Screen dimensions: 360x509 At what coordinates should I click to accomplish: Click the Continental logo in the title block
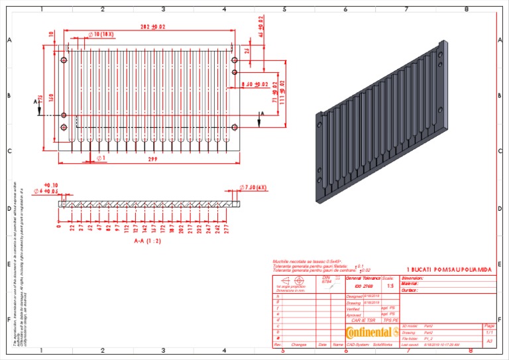click(367, 331)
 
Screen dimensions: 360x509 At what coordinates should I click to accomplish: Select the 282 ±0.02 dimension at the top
click(153, 27)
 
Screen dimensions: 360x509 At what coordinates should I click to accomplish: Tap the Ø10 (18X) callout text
click(101, 34)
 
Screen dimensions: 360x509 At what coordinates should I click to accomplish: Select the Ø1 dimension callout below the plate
click(101, 158)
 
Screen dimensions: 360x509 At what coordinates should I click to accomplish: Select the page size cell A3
click(490, 341)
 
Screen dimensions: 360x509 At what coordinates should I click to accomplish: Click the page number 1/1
click(490, 333)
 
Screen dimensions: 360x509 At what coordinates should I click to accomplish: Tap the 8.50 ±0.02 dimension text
click(255, 84)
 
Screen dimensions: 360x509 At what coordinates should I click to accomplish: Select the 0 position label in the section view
click(59, 225)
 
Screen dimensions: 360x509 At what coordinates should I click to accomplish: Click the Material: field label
click(412, 284)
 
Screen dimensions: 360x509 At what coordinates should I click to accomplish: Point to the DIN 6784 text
click(326, 279)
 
